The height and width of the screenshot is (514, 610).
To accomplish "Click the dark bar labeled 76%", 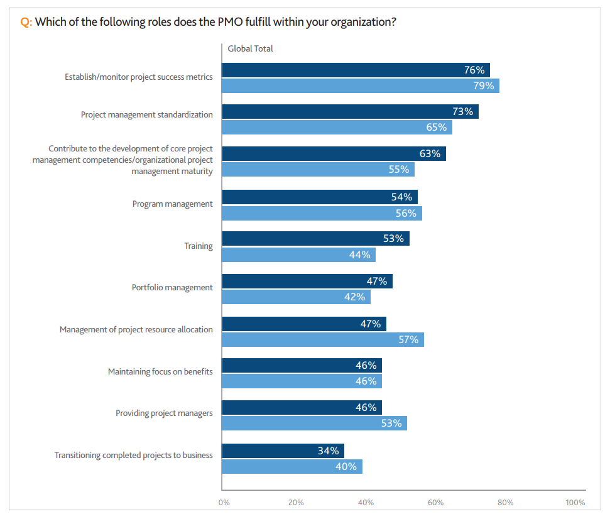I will click(x=356, y=70).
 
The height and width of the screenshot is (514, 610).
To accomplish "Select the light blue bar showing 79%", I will click(x=361, y=85).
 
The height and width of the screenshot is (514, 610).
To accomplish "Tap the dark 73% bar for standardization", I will click(x=350, y=112).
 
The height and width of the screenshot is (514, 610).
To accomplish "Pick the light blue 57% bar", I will click(x=323, y=339).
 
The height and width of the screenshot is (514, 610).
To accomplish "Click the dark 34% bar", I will click(x=283, y=451).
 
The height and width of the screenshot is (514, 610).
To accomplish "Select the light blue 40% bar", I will click(x=292, y=466).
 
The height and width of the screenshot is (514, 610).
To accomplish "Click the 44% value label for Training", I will click(x=360, y=254).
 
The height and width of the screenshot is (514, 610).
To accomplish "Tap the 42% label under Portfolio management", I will click(x=355, y=297).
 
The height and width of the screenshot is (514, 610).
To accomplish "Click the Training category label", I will click(x=199, y=246).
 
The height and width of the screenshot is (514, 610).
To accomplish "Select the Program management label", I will click(x=173, y=204).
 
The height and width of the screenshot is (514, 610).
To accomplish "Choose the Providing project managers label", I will click(x=164, y=413).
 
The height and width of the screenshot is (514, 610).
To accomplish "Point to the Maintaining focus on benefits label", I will click(x=160, y=371).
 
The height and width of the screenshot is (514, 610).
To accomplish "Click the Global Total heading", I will click(x=250, y=48).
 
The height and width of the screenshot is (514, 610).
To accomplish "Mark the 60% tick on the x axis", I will click(x=436, y=502).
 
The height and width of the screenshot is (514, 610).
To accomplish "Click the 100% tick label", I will click(x=575, y=502).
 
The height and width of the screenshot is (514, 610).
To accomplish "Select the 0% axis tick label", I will click(x=224, y=502).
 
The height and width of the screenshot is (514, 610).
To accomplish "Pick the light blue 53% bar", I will click(x=314, y=423).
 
